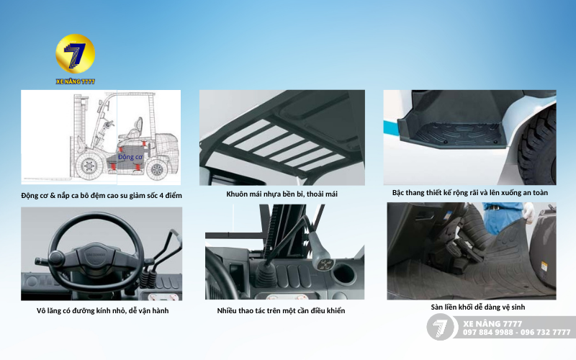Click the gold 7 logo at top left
[x=76, y=53]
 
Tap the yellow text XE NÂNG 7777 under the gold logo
[x=76, y=81]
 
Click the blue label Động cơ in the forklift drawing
[x=130, y=157]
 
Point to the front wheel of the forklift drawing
[x=88, y=166]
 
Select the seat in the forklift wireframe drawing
[x=133, y=130]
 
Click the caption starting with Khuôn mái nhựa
[x=282, y=194]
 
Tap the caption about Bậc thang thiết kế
[x=470, y=192]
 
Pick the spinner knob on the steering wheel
[x=57, y=257]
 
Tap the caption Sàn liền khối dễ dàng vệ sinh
[x=478, y=307]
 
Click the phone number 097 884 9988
[x=488, y=332]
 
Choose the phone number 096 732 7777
[x=545, y=332]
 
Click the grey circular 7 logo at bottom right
[x=440, y=327]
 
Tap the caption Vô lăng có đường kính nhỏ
[x=102, y=311]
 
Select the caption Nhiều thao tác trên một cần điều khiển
[x=281, y=311]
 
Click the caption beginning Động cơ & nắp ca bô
[x=102, y=195]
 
